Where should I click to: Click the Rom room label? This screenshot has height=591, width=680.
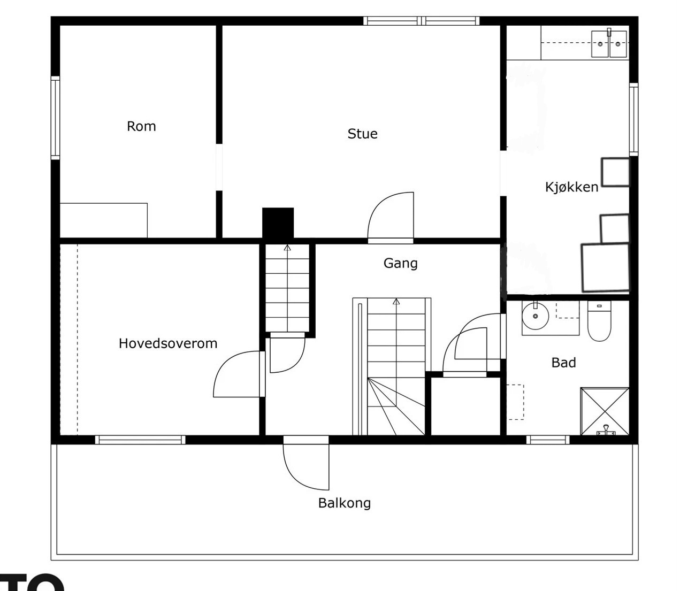point(141,126)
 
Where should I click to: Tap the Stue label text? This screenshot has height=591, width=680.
point(362,134)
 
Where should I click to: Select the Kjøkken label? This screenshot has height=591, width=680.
point(571,187)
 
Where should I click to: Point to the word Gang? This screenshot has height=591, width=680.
point(401,264)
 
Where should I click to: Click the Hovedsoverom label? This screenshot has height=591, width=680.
point(168,343)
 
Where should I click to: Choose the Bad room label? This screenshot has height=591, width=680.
point(564,363)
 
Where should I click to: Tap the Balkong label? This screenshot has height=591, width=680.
point(345,503)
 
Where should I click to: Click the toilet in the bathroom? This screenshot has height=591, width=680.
point(599,321)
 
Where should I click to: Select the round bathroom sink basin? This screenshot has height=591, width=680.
point(535,316)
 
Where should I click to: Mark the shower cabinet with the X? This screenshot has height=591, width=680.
point(605,411)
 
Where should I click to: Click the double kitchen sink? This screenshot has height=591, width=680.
point(609,44)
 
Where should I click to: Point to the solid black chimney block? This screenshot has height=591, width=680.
point(278,223)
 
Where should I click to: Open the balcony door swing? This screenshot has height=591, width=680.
point(306,466)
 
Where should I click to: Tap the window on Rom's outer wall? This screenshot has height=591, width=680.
point(55,118)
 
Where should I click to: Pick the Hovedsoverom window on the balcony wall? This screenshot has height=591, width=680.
point(140,440)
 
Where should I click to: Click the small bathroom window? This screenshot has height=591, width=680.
point(548,440)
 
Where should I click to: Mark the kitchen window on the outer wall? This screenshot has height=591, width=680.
point(634,120)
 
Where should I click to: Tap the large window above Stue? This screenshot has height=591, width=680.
point(422,21)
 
